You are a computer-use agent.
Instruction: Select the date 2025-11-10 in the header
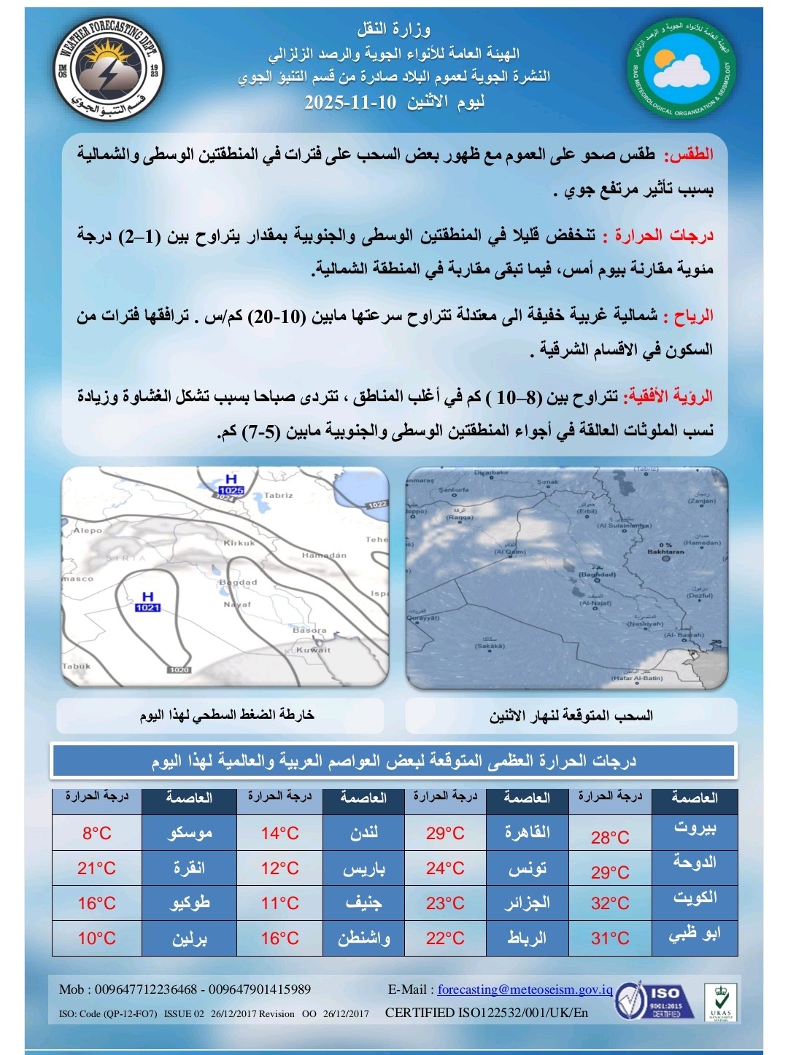tap(350, 102)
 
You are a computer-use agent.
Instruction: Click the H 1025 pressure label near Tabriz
tap(231, 486)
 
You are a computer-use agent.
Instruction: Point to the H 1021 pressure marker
tap(147, 602)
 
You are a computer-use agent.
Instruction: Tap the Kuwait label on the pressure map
tap(313, 650)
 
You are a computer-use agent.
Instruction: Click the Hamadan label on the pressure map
tap(324, 556)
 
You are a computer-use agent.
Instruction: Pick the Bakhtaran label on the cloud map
tap(665, 552)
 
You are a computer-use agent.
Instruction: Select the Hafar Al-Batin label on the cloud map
tap(637, 678)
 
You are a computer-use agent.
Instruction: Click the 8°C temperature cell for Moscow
tap(97, 833)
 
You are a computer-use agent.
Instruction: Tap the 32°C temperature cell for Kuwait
tap(610, 903)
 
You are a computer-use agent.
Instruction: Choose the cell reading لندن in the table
tap(363, 833)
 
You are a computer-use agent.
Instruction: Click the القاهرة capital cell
tap(527, 833)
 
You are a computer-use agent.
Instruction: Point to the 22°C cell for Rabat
tap(445, 938)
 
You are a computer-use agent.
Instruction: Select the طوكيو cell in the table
tap(189, 903)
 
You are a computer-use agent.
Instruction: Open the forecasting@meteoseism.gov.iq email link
tap(525, 989)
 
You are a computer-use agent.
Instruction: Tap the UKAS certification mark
tap(719, 1003)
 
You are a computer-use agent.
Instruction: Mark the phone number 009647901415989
tap(260, 989)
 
